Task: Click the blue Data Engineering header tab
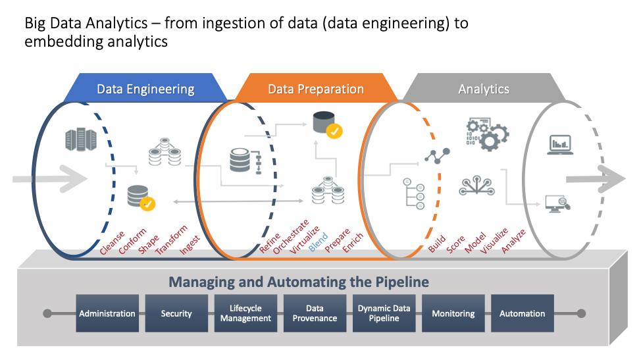pos(145,88)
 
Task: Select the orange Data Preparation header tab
pos(316,88)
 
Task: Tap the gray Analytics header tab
pos(484,88)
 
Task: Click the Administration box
pos(107,313)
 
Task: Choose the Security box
pos(176,313)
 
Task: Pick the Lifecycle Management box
pos(245,313)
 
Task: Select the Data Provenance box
pos(315,313)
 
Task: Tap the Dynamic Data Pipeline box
pos(384,313)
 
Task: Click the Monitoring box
pos(453,313)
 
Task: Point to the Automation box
pos(522,313)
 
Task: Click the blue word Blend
pos(318,242)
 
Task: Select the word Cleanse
pos(112,243)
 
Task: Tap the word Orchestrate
pos(291,237)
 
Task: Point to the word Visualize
pos(494,241)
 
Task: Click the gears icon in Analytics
pos(487,134)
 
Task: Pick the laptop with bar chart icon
pos(560,145)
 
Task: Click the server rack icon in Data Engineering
pos(81,140)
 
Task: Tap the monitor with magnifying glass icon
pos(558,203)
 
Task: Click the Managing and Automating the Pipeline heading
pos(299,282)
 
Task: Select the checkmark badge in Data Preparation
pos(334,131)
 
